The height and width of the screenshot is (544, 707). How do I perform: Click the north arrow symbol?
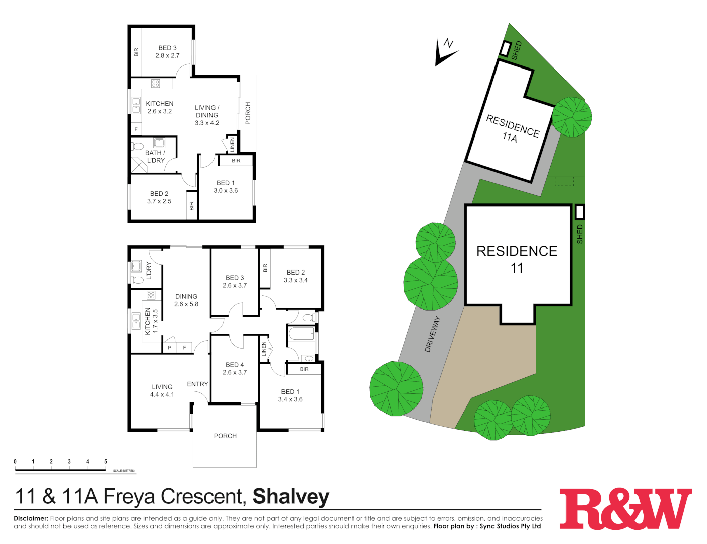445,52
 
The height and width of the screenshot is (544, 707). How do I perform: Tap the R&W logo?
626,508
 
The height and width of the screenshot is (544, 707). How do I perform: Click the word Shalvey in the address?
291,497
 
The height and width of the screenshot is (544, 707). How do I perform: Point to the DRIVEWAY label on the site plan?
432,334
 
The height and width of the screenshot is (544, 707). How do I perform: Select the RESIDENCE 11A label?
512,129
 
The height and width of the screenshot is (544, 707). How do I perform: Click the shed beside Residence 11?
579,212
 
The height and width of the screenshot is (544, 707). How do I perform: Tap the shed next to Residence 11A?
505,49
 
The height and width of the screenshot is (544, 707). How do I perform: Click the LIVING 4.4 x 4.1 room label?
162,391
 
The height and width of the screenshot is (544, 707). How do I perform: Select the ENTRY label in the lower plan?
197,384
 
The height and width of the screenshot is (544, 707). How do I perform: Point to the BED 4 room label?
235,368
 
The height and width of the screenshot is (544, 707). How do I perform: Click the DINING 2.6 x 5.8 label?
186,300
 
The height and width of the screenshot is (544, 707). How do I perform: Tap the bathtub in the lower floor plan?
301,334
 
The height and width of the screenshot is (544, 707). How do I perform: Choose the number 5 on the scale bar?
106,461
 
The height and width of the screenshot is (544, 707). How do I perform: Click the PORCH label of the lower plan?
225,436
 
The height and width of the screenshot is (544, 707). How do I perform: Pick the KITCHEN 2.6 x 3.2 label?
160,107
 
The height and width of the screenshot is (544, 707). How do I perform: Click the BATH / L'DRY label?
155,157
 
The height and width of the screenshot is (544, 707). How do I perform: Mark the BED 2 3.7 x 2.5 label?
159,197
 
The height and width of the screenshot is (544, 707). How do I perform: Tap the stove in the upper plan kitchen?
155,84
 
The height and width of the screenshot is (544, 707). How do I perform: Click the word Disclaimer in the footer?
31,518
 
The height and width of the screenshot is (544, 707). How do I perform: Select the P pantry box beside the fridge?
170,348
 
